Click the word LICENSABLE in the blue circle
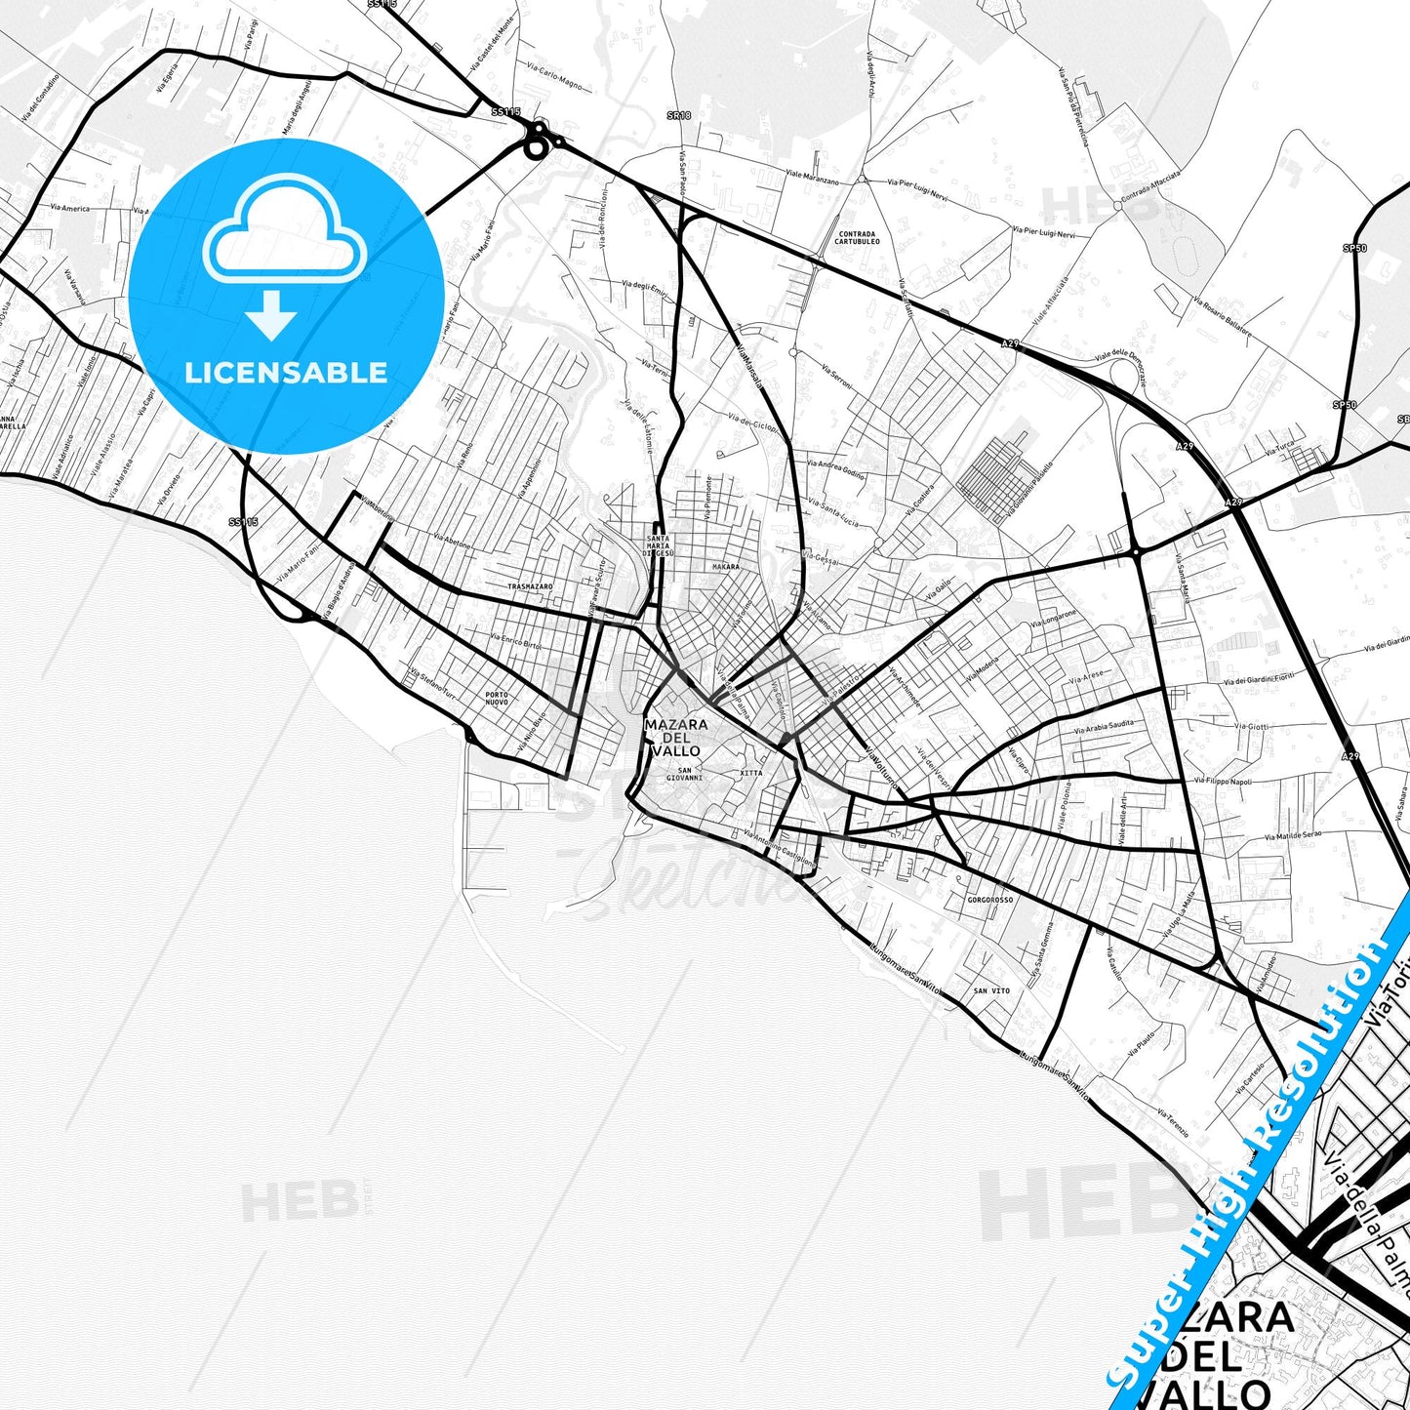point(286,373)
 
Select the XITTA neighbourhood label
point(751,773)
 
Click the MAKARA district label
point(726,567)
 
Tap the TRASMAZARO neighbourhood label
point(531,586)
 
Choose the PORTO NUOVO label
point(497,699)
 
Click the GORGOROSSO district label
point(990,900)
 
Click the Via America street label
point(69,209)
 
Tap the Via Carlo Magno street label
point(554,77)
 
